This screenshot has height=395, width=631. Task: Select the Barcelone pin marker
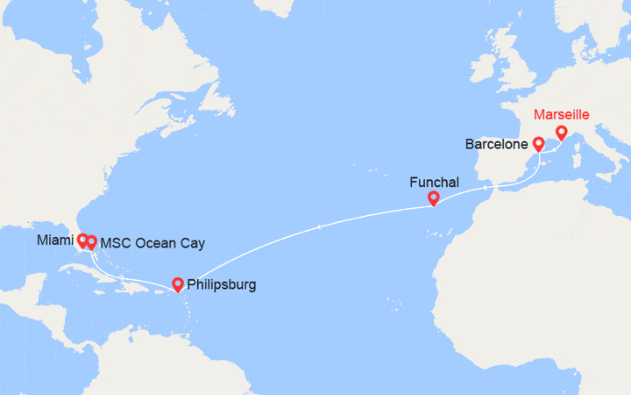click(x=538, y=142)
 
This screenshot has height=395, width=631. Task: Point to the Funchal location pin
click(x=433, y=198)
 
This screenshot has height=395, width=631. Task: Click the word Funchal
click(x=434, y=183)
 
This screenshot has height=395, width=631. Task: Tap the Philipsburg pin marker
click(x=178, y=284)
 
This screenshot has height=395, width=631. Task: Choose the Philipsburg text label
click(x=222, y=284)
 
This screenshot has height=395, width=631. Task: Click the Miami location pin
click(x=82, y=239)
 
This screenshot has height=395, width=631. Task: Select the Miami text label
click(x=55, y=240)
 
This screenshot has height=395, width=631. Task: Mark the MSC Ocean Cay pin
click(x=91, y=241)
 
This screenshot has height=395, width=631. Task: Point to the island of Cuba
click(x=105, y=272)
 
